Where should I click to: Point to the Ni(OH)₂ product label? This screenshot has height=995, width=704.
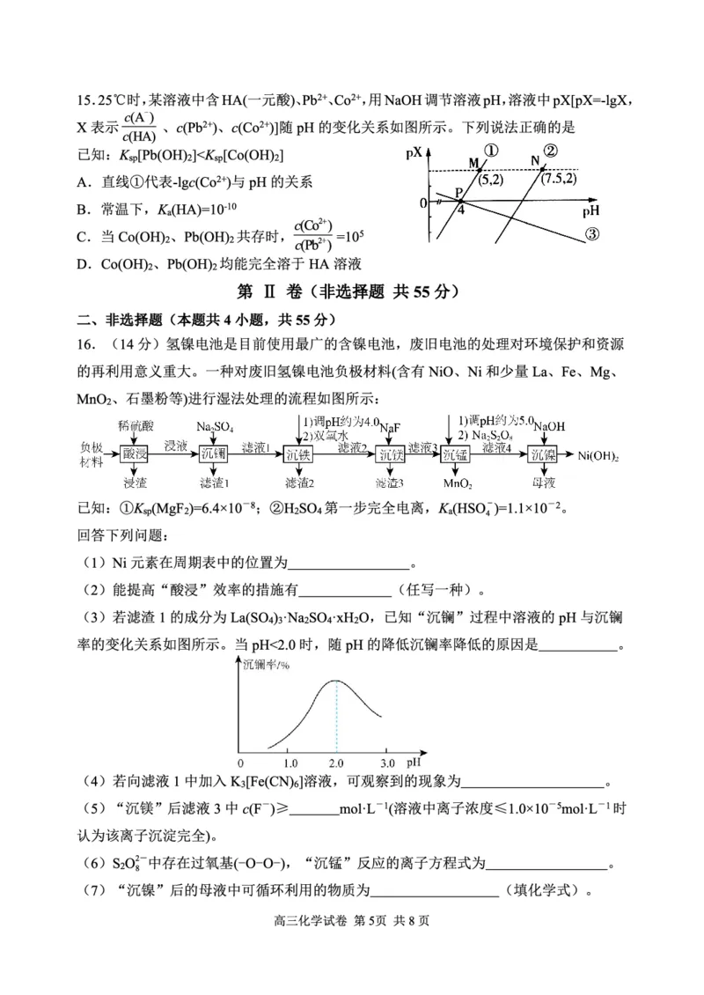(598, 455)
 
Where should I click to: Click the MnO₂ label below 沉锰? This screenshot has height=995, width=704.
(457, 483)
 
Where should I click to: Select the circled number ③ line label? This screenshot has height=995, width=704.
(591, 234)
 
